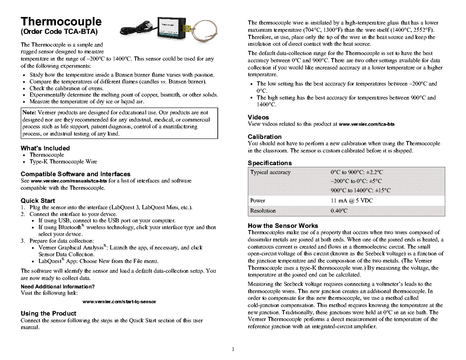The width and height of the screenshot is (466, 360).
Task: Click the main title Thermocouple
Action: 61,22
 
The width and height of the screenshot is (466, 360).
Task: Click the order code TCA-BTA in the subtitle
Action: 80,32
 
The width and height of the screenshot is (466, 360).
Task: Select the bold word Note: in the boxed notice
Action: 29,113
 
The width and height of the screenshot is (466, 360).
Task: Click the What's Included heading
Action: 45,148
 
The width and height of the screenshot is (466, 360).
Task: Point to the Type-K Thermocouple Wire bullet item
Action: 63,162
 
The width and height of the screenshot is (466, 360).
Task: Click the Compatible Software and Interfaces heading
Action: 75,174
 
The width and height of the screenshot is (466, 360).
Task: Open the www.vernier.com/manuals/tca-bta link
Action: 69,181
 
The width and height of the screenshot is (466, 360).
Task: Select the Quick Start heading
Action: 38,201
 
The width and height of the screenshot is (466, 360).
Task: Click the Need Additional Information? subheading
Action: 58,287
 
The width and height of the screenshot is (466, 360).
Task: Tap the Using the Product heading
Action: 48,313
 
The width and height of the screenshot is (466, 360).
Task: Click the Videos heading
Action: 258,117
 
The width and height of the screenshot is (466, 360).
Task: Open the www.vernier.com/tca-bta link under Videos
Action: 367,124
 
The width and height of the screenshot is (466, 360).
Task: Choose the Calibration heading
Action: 265,137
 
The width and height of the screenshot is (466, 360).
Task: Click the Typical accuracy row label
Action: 271,172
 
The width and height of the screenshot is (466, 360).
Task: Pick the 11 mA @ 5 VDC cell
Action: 352,201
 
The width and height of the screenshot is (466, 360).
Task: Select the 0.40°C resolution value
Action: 339,211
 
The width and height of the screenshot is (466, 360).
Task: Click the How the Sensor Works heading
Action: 283,226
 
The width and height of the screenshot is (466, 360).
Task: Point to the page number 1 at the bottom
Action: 233,349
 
